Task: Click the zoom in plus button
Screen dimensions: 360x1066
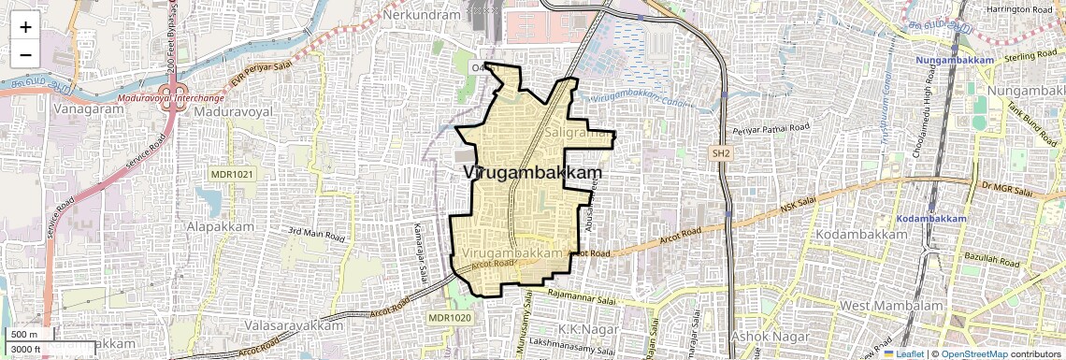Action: (25, 27)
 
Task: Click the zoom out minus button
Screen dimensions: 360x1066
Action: (25, 54)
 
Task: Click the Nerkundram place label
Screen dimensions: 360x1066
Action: (423, 15)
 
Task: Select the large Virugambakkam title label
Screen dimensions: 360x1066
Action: (532, 173)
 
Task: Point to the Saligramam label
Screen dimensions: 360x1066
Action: (578, 135)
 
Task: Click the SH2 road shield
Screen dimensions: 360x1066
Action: (720, 152)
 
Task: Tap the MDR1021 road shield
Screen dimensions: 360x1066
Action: (233, 174)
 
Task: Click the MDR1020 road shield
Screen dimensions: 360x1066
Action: (451, 318)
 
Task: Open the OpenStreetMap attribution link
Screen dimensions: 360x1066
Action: (973, 354)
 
